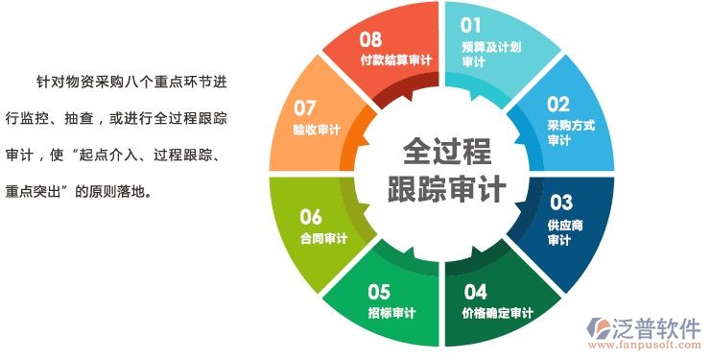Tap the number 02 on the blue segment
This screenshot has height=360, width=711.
(558, 104)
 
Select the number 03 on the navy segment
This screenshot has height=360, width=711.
(560, 203)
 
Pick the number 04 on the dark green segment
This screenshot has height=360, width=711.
(475, 291)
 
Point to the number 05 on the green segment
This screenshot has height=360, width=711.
(379, 291)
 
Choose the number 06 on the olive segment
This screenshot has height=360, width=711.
(311, 216)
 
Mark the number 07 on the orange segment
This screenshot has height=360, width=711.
(305, 107)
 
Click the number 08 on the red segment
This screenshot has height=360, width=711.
(370, 39)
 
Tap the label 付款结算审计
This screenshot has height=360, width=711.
(395, 60)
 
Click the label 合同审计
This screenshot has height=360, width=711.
(323, 238)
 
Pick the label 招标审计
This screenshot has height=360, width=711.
(391, 312)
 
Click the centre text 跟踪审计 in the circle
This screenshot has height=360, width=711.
(446, 188)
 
